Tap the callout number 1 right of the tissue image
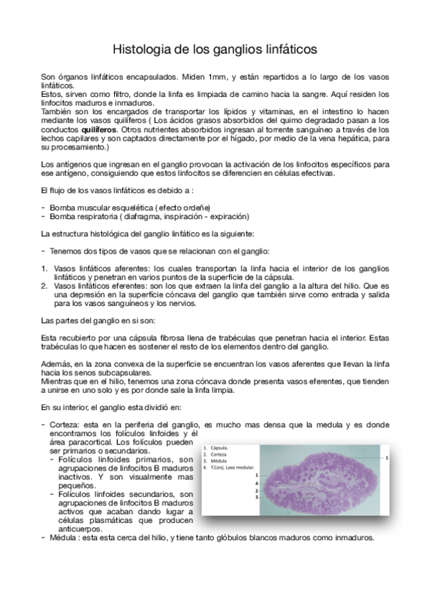387,456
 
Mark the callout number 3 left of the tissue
256,497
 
